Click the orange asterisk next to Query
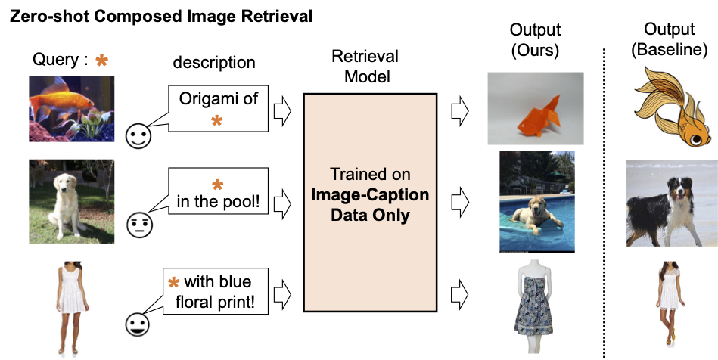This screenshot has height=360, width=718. [x=101, y=60]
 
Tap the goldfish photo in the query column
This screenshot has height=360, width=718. [x=71, y=109]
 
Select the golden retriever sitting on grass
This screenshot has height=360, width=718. [x=71, y=201]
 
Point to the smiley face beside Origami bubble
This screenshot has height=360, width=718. [x=138, y=136]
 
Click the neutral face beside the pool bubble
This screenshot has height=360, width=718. [x=139, y=225]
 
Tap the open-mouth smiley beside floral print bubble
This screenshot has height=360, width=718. [x=138, y=324]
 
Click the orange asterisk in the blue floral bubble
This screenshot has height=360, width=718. [x=173, y=282]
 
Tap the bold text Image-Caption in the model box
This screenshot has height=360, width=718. [x=370, y=195]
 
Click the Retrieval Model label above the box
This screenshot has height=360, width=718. [x=365, y=66]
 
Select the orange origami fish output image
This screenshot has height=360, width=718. [x=536, y=109]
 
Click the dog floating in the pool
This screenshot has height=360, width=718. [x=537, y=202]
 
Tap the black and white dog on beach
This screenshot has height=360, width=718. [x=672, y=203]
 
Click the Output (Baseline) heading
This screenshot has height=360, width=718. [x=669, y=39]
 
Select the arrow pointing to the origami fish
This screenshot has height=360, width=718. [x=460, y=111]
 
